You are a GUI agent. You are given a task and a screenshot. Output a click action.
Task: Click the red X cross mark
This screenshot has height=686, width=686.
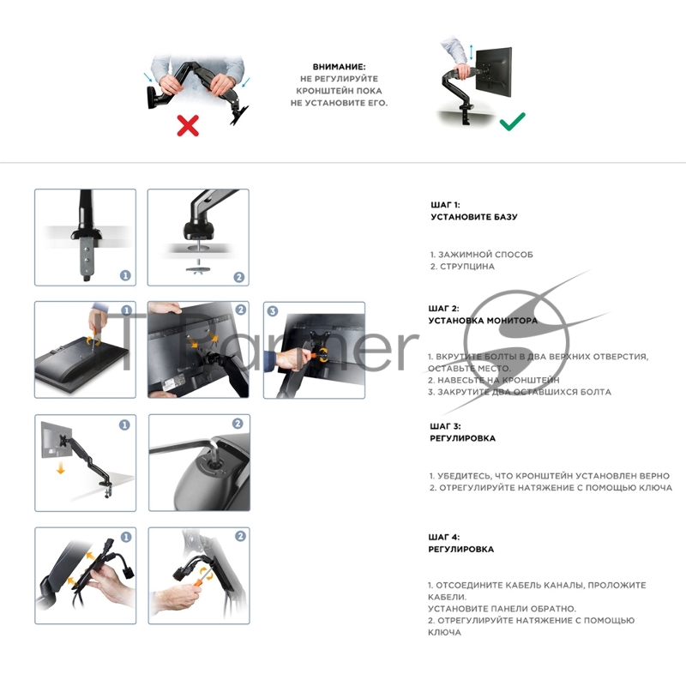click(188, 125)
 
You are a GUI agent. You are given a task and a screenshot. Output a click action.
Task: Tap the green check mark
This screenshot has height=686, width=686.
click(512, 121)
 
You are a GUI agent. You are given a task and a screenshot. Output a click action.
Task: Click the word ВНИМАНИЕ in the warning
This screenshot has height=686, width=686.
click(339, 67)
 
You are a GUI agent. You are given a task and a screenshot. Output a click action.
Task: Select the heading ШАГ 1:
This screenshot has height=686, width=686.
click(445, 205)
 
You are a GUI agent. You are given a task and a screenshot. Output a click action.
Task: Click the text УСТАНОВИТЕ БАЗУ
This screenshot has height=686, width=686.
click(474, 217)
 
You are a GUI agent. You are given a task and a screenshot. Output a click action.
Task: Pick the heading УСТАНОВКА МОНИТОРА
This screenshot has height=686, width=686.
click(483, 321)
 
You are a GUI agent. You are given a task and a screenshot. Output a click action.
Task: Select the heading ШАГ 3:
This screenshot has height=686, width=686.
click(445, 426)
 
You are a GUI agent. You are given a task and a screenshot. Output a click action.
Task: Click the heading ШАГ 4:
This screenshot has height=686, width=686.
click(444, 538)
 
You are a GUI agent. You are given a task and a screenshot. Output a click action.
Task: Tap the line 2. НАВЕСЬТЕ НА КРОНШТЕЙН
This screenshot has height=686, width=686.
click(494, 380)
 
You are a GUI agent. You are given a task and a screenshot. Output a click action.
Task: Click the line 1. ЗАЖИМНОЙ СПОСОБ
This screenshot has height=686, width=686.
click(482, 255)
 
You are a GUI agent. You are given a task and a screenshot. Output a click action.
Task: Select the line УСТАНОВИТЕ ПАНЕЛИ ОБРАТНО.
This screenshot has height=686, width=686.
click(502, 609)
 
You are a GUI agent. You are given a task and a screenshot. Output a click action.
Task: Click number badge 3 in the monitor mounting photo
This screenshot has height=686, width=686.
click(273, 311)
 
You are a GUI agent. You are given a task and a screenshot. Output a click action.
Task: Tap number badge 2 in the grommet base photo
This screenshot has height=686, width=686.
click(239, 277)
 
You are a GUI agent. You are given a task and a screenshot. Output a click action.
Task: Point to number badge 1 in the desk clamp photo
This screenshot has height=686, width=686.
click(125, 275)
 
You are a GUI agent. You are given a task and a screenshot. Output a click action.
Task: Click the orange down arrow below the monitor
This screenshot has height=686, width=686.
click(61, 469)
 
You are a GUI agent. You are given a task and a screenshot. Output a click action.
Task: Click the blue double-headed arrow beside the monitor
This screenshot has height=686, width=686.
click(471, 51)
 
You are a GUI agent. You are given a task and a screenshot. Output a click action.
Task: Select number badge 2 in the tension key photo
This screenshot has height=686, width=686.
click(238, 424)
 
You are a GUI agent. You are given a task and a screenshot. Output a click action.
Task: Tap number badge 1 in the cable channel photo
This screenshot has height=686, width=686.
click(126, 537)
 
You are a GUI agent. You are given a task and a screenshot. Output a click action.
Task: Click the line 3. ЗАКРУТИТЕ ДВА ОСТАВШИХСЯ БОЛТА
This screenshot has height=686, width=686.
click(520, 392)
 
